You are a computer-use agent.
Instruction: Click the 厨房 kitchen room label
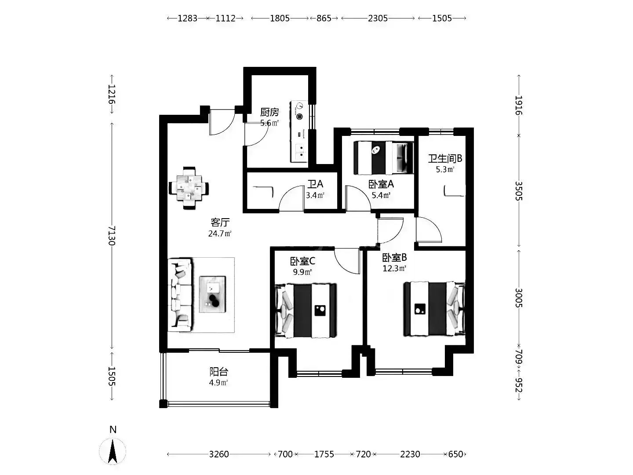point(269,112)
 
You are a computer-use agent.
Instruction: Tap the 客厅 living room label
point(220,223)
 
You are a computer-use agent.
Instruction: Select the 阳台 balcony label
point(218,372)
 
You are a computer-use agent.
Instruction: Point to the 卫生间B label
point(445,158)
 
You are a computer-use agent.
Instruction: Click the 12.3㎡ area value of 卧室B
point(394,268)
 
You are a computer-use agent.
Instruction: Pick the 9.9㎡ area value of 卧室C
point(302,272)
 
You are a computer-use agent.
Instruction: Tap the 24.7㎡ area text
point(220,234)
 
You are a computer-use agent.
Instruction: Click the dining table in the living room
point(189,188)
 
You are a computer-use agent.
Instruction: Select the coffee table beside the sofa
point(212,294)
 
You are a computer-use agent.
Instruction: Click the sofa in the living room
point(180,295)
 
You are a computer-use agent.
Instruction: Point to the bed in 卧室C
point(306,311)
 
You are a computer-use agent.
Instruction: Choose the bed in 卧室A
point(384,157)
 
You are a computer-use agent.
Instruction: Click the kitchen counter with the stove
point(299,131)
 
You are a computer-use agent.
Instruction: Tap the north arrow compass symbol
point(113,451)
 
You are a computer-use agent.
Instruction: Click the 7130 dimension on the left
point(112,236)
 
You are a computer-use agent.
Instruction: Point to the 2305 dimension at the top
point(378,18)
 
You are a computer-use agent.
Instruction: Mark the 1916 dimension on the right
point(519,105)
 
